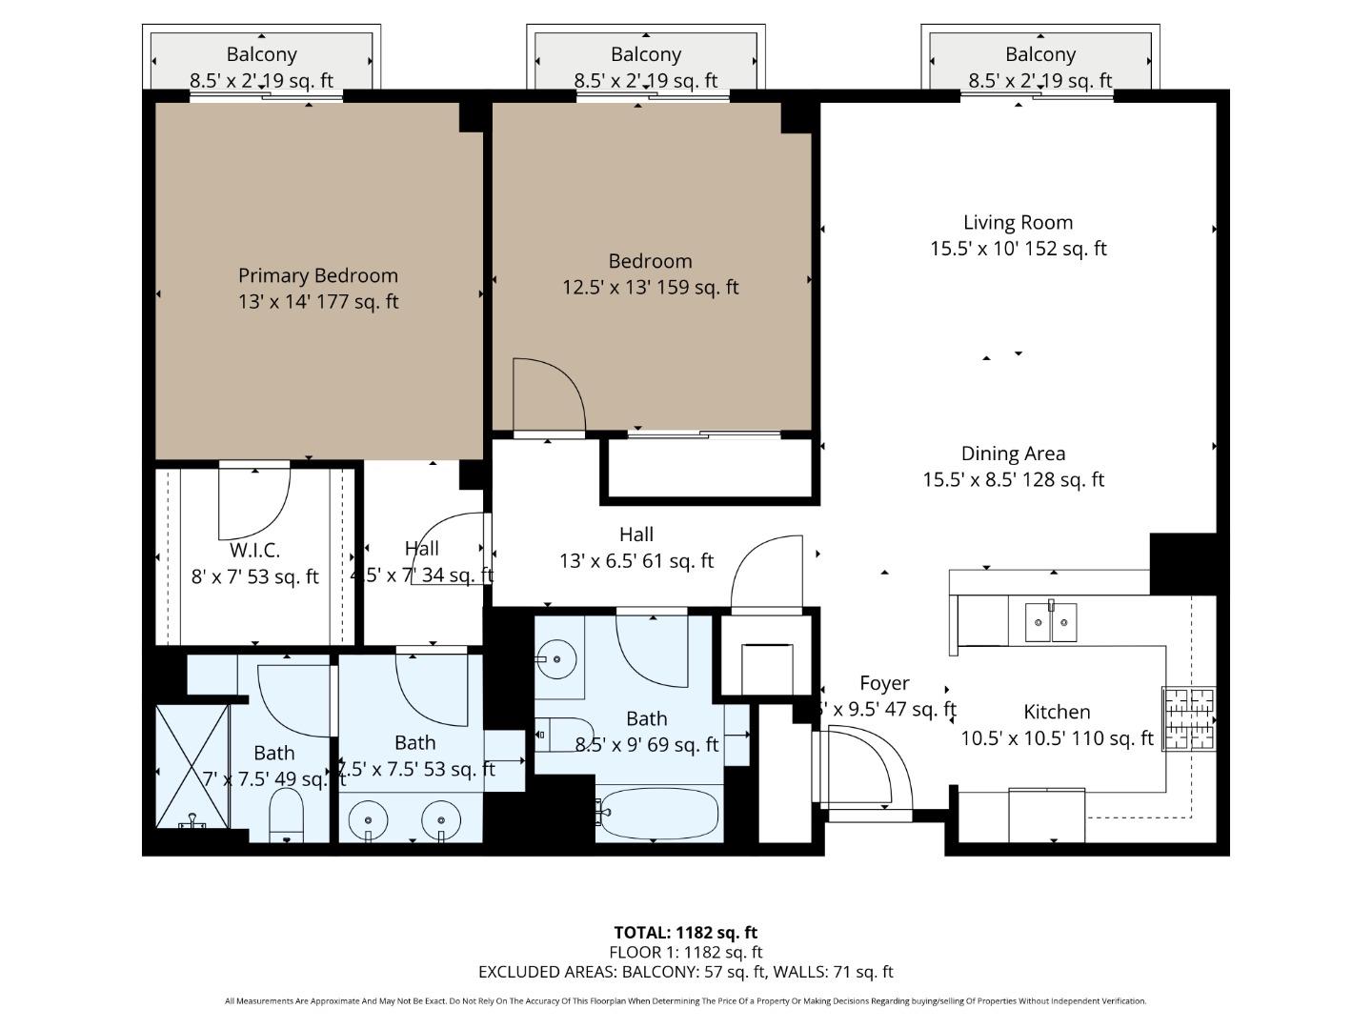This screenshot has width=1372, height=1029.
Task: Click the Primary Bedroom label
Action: coord(317,276)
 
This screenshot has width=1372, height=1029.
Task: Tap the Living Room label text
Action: coord(1018,223)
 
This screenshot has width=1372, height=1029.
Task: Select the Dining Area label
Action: coord(1013,454)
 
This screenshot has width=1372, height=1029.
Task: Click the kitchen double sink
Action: coord(1051,622)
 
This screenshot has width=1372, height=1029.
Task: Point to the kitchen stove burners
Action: coord(1188,718)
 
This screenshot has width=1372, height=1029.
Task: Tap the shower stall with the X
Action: coord(192,765)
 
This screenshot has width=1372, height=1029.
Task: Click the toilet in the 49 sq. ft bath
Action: coord(286,817)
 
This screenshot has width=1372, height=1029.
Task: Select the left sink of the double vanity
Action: coord(368,819)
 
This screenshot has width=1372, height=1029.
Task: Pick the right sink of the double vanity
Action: coord(441,819)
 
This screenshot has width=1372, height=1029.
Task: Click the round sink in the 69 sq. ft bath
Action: coord(555,656)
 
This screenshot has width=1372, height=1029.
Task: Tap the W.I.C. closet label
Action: coord(254,551)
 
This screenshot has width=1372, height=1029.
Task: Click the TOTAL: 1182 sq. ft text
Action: coord(685,933)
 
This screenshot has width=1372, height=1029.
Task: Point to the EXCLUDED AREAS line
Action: coord(685,972)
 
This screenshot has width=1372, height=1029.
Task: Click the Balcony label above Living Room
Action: coord(1039,55)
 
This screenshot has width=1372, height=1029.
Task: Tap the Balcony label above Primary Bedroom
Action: coord(261,55)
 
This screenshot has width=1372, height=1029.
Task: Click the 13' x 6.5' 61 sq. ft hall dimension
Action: coord(636,561)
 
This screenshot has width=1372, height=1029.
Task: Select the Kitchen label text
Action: coord(1057,712)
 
